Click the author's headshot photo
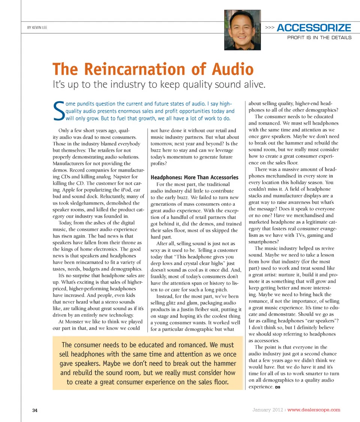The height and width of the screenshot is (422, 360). click(x=242, y=30)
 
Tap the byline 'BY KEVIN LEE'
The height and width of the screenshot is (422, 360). click(x=37, y=27)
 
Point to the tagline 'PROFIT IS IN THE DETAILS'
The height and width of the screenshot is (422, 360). click(x=319, y=38)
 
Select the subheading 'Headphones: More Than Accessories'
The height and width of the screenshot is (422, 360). click(x=194, y=177)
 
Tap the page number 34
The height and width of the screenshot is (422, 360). click(x=34, y=410)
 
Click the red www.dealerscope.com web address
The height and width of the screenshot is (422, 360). click(x=313, y=410)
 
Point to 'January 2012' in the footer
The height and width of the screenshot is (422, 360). click(x=267, y=410)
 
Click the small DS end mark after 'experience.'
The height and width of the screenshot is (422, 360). click(x=277, y=387)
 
